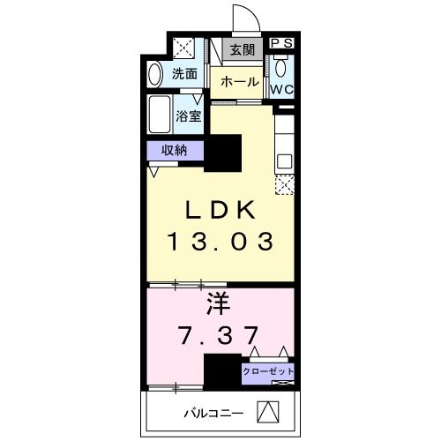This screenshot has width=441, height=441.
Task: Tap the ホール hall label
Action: point(239,82)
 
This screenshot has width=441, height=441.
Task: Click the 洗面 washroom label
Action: point(183,74)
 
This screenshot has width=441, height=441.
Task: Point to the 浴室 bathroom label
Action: point(188,115)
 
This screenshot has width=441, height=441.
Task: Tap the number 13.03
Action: point(220,241)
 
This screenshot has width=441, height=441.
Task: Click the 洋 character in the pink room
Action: point(218,305)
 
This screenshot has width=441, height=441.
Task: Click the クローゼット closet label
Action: point(268,370)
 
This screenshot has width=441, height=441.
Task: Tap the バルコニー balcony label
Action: point(207,412)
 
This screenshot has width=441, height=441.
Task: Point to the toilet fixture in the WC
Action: point(281,69)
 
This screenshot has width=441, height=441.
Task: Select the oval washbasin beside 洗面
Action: point(155,74)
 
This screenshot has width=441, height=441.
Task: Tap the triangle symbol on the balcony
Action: point(268,411)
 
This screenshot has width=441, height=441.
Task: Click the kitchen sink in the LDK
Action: point(284,161)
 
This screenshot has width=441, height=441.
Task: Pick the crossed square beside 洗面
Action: point(184,47)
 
